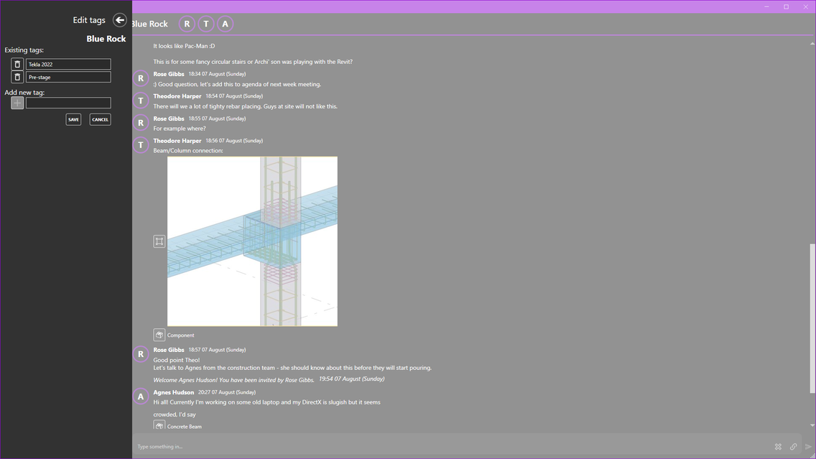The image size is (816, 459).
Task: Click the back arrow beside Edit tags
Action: click(x=120, y=20)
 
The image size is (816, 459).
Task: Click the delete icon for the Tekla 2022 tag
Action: click(x=17, y=64)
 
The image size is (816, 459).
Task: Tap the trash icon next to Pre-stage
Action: click(x=17, y=77)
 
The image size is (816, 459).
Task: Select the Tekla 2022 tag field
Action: click(x=68, y=64)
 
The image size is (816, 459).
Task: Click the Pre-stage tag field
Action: click(x=68, y=77)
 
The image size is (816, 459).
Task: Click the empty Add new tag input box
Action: click(x=68, y=103)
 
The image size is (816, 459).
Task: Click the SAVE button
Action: click(x=73, y=120)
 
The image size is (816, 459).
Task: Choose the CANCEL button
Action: click(x=100, y=120)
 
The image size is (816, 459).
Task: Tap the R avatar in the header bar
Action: click(x=187, y=24)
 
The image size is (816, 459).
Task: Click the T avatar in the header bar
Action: click(x=206, y=24)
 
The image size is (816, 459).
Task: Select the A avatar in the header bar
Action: click(x=226, y=24)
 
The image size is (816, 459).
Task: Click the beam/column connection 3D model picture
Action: click(x=252, y=241)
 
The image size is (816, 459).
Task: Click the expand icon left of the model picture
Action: click(x=159, y=241)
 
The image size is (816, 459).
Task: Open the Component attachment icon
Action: click(x=159, y=335)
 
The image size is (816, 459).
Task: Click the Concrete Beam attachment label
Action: click(x=184, y=427)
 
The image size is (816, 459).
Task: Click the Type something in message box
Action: click(x=453, y=447)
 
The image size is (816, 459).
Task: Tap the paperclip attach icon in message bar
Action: click(x=793, y=447)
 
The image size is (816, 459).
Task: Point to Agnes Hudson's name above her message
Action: click(x=173, y=392)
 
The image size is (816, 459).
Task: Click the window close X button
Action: click(x=806, y=6)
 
